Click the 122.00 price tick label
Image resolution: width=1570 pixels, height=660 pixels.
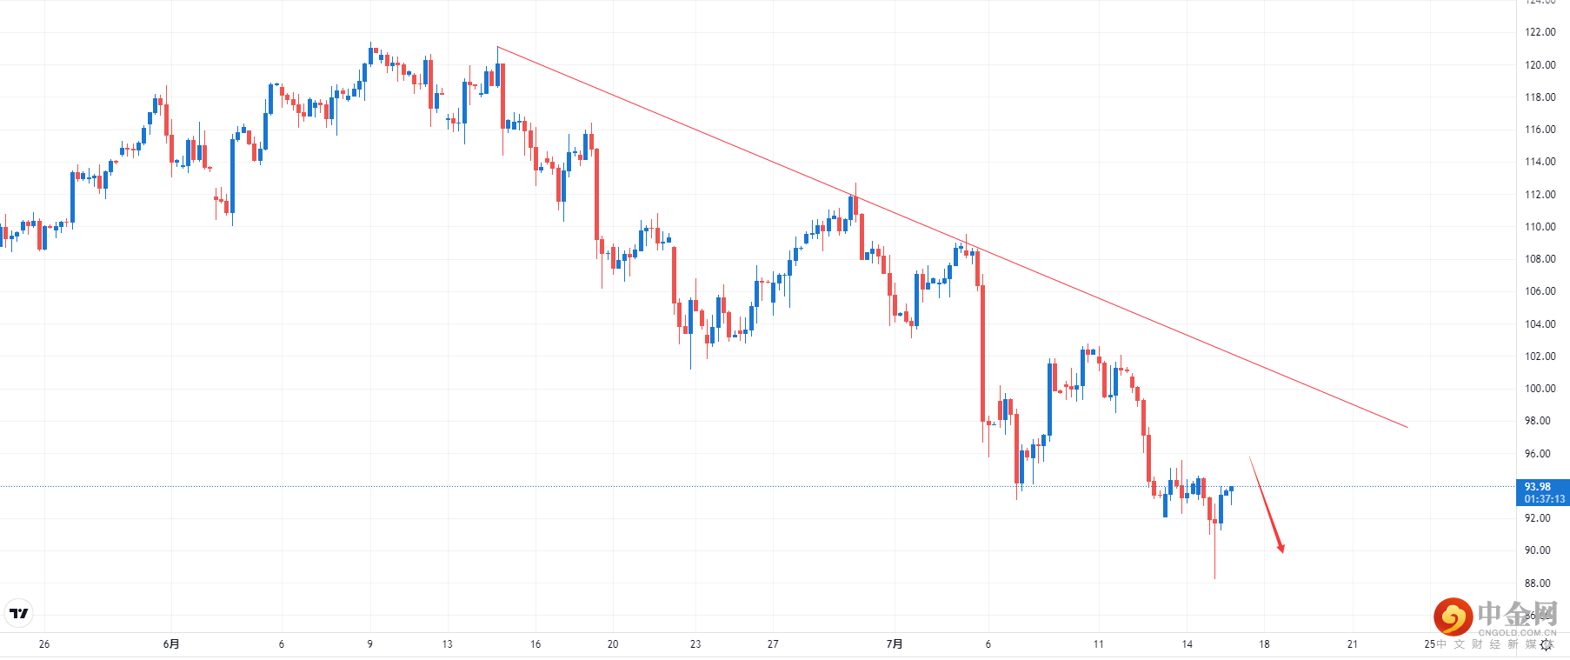1540,32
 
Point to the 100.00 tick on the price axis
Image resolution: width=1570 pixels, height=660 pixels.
1540,389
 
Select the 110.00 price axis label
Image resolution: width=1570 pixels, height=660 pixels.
1540,227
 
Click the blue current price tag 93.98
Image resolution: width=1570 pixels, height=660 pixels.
1537,487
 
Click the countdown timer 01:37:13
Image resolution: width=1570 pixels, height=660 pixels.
1544,499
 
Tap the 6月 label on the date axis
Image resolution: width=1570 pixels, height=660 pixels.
171,644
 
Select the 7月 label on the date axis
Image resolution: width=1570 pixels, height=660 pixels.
895,644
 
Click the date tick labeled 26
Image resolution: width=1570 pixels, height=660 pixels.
44,644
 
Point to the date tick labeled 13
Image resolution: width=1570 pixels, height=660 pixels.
447,644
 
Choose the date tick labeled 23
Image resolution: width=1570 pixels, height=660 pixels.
695,644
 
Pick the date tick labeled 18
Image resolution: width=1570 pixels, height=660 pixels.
1264,644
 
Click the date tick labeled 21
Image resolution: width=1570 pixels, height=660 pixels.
1352,644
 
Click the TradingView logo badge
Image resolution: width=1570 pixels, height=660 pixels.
19,613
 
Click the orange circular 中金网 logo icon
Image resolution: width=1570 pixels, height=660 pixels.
1453,617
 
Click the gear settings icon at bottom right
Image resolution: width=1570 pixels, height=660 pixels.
1546,645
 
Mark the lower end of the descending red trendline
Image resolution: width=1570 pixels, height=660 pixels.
1407,427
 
